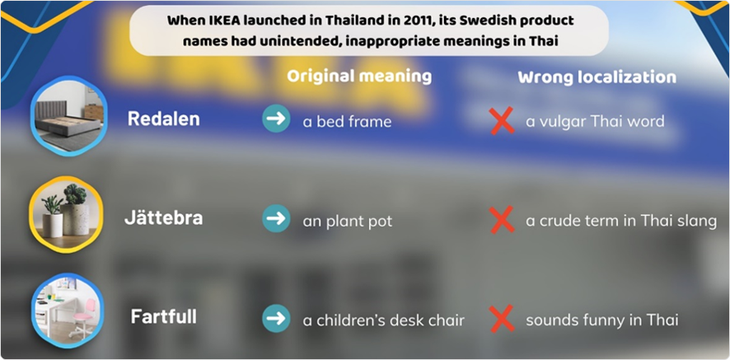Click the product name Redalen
click(163, 119)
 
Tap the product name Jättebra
click(163, 218)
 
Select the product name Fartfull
click(163, 316)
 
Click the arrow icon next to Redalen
click(276, 119)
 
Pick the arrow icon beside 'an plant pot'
click(276, 218)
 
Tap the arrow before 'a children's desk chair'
click(276, 318)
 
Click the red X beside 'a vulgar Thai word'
click(503, 120)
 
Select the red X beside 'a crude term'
click(503, 220)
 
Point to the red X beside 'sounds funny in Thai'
click(503, 319)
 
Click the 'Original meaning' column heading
click(359, 77)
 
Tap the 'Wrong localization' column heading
click(597, 77)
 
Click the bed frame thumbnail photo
click(69, 116)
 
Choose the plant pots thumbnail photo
click(66, 215)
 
